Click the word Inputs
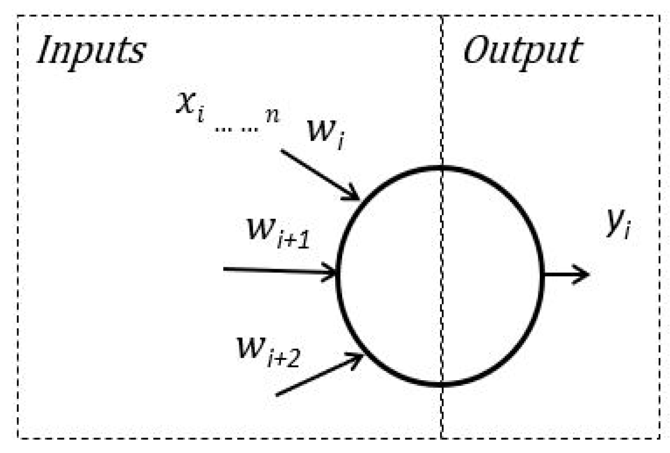91,50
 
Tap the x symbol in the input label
185,102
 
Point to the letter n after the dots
273,115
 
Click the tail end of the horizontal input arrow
225,269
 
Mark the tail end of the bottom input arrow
278,395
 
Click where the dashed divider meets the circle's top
442,168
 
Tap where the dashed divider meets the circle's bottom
442,384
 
